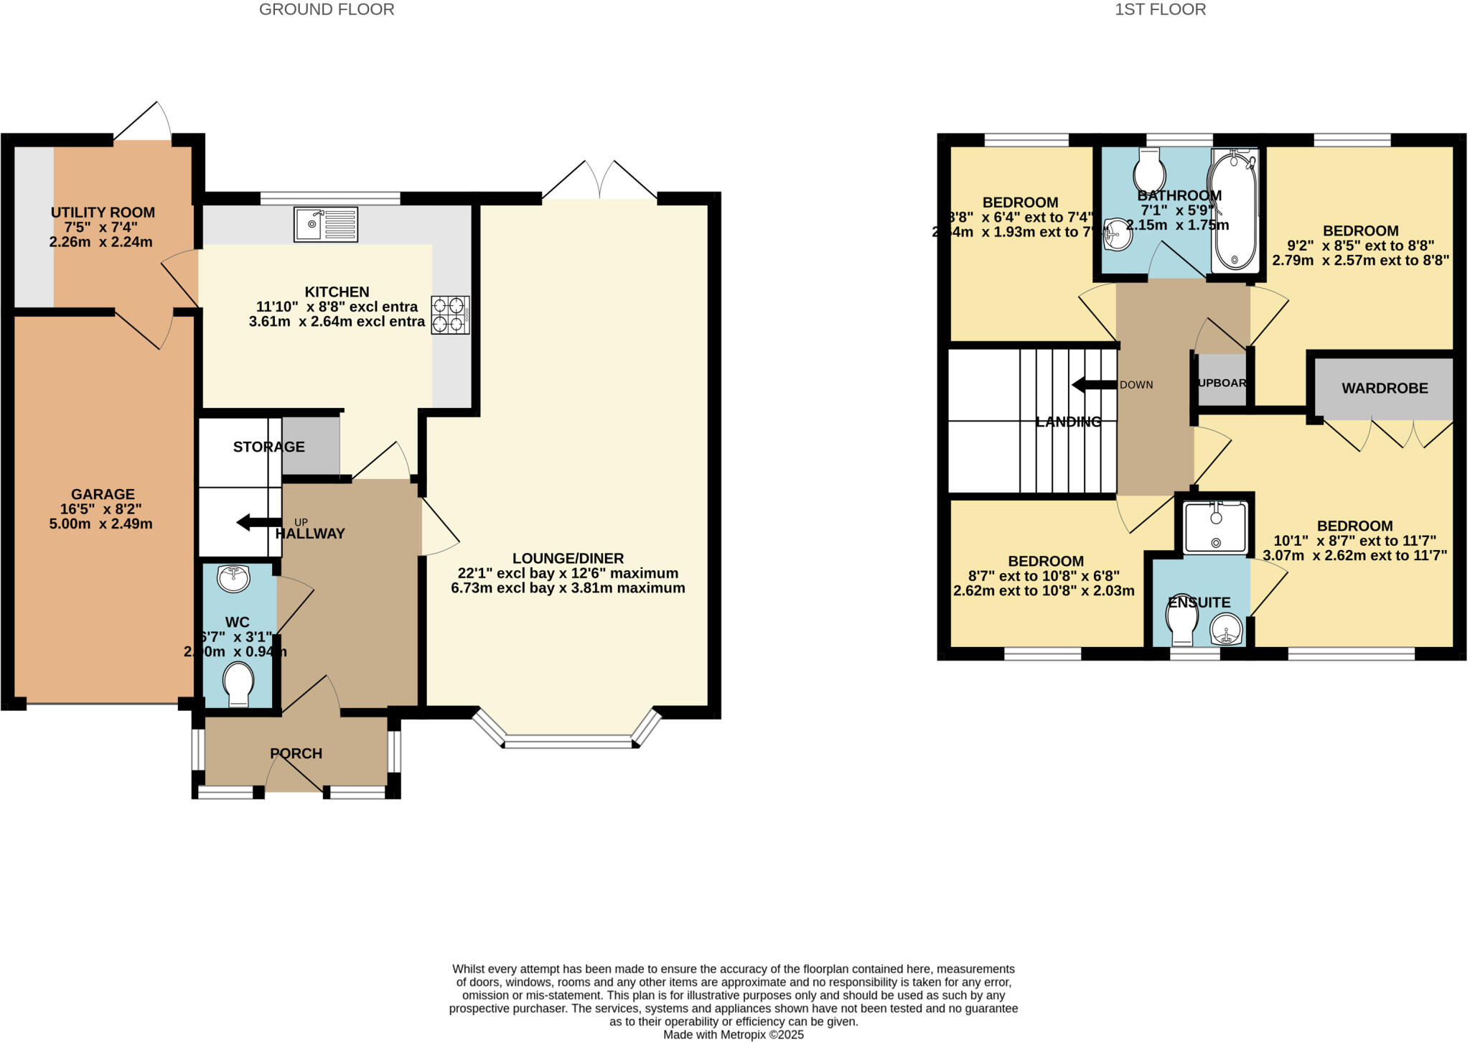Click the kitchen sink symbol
[x=325, y=224]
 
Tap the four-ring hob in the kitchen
[x=450, y=315]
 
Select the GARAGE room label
[x=103, y=494]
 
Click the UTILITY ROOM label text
[x=103, y=213]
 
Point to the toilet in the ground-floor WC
[x=238, y=684]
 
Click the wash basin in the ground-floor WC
[x=233, y=578]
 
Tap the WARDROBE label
[x=1385, y=389]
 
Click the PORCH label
[x=296, y=753]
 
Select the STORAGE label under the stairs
[x=268, y=447]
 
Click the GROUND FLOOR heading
[x=327, y=9]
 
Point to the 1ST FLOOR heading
[x=1160, y=9]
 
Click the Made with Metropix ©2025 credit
[x=733, y=1035]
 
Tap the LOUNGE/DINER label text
[x=568, y=558]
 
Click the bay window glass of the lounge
[x=568, y=742]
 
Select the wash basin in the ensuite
[x=1226, y=630]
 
